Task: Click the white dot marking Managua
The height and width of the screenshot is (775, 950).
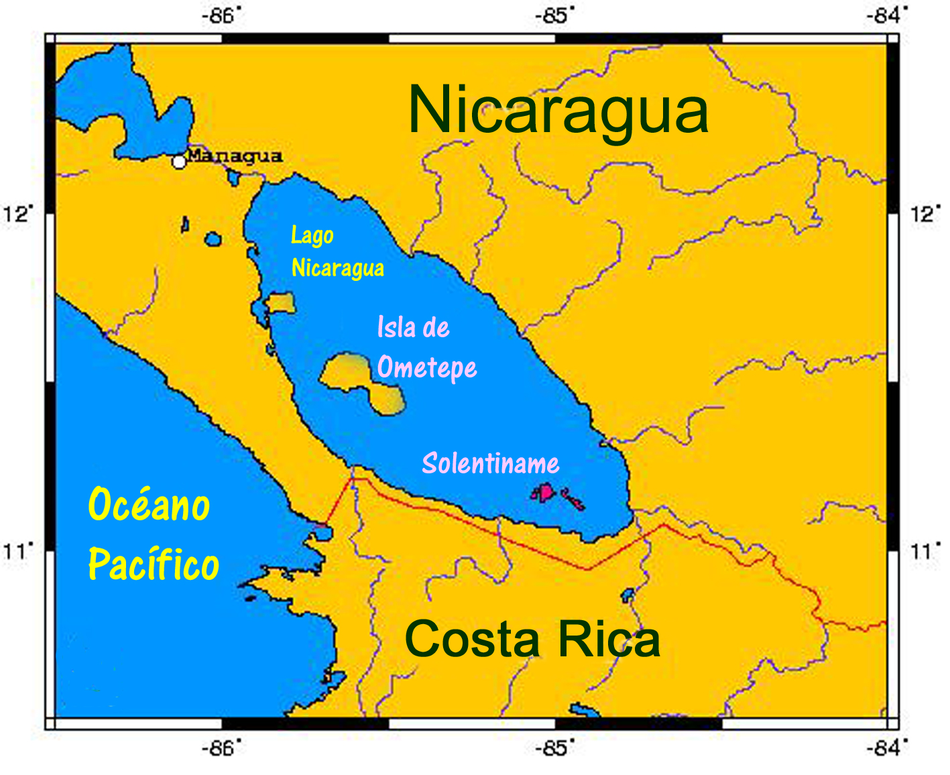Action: tap(178, 162)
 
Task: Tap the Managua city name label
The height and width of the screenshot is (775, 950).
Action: tap(234, 156)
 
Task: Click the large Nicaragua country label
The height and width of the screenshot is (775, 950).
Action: tap(558, 111)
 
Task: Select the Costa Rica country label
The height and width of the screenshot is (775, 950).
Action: tap(532, 639)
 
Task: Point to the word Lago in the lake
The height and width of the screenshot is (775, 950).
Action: tap(312, 236)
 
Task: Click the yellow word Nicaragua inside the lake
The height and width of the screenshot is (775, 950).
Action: tap(338, 268)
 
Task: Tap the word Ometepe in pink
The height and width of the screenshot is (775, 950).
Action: tap(427, 368)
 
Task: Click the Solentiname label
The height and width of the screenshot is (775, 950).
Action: tap(490, 463)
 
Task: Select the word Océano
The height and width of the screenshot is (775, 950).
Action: tap(149, 504)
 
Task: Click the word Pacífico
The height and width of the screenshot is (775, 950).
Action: tap(154, 564)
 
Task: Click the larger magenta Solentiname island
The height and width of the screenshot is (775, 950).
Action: tap(544, 493)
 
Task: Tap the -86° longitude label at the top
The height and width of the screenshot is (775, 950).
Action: tap(221, 15)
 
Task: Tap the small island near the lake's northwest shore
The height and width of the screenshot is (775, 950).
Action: tap(281, 303)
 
